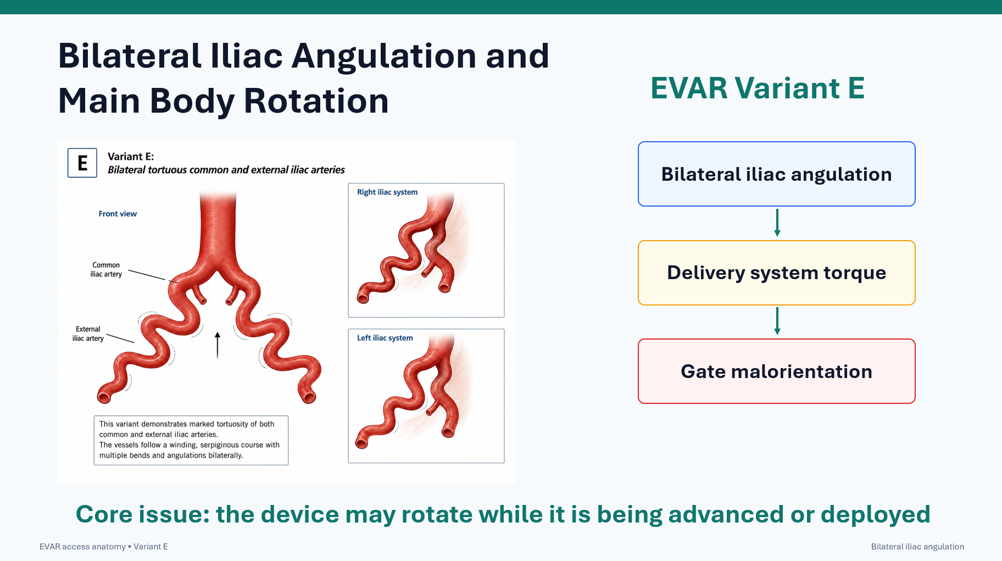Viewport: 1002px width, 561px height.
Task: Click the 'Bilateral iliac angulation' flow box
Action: point(776,174)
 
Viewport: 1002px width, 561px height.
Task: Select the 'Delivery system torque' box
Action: point(776,273)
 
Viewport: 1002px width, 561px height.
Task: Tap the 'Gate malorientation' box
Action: point(776,371)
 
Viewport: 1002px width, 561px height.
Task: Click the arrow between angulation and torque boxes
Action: point(777,223)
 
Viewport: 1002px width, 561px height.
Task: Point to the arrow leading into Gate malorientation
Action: point(777,321)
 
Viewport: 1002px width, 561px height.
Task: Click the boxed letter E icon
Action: point(82,163)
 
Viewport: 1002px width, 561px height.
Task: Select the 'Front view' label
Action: point(118,214)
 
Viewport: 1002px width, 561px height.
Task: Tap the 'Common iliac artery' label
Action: point(106,269)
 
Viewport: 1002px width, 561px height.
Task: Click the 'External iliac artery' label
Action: point(88,334)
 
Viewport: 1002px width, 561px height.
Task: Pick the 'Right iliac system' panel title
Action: point(387,192)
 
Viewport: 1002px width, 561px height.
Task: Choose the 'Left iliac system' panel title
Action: point(385,338)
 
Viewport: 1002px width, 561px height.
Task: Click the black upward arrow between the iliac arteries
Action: point(218,345)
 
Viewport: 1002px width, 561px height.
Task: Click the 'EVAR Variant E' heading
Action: point(758,88)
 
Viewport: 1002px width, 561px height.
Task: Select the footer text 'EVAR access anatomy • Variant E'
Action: point(104,547)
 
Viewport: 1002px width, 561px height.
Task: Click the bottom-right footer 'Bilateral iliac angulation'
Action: point(917,547)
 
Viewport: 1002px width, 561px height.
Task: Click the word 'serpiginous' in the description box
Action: point(220,445)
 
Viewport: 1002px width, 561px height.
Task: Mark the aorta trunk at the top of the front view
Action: point(218,225)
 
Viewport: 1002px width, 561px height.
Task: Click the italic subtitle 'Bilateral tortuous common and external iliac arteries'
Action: point(226,170)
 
